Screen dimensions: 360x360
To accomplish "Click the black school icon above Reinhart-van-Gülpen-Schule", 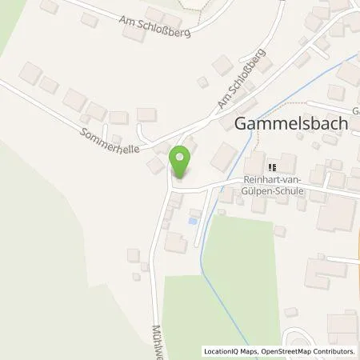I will pos(272,167).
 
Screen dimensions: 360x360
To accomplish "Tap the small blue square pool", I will pos(191,220).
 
